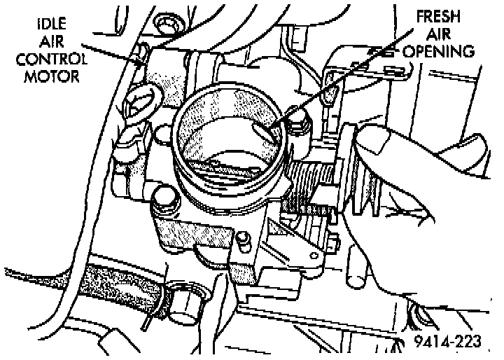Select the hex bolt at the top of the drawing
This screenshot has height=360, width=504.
(167, 27)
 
